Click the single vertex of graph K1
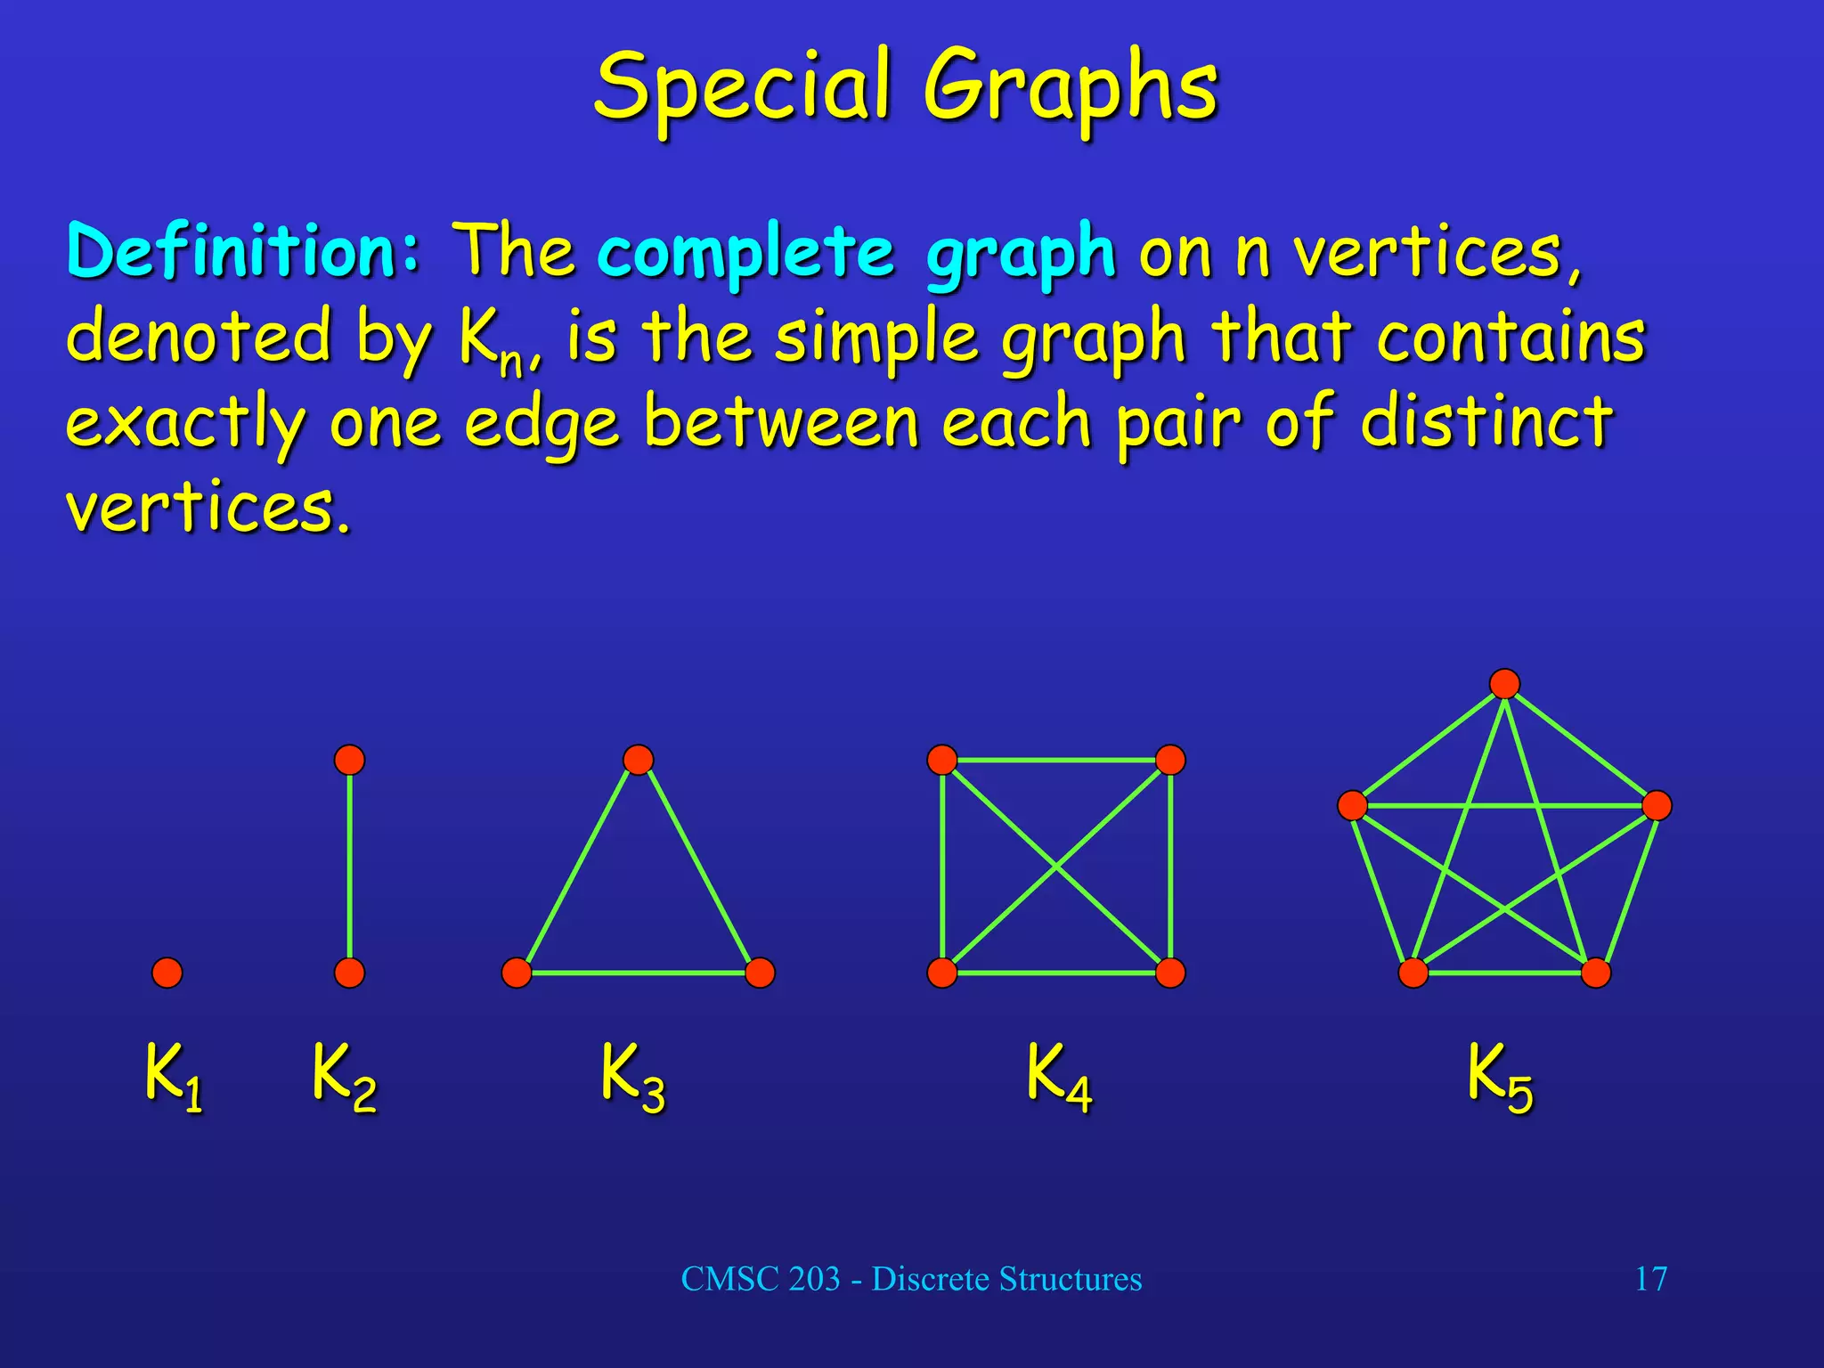(167, 973)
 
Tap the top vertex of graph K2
(349, 760)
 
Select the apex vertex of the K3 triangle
(639, 760)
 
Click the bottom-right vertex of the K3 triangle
(760, 973)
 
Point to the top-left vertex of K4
(942, 760)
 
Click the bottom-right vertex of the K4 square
(1170, 973)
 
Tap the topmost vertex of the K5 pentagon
(1504, 684)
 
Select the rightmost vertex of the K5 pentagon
(1657, 805)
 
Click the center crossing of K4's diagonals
(1056, 866)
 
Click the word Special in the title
(743, 87)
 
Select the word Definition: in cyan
(243, 251)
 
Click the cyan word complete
(745, 253)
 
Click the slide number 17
(1650, 1279)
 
